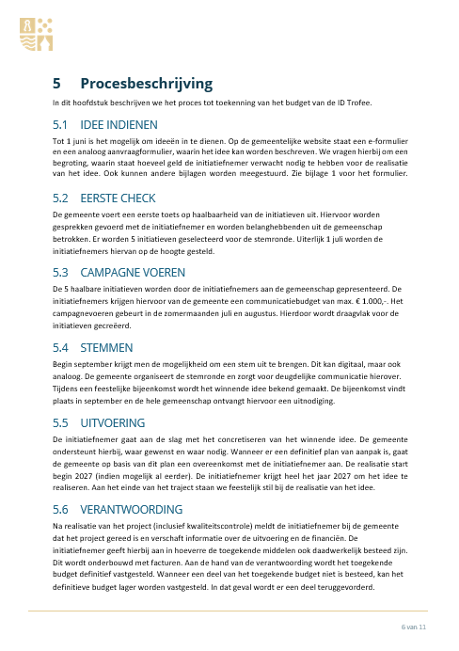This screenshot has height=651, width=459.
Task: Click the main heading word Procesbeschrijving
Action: (146, 84)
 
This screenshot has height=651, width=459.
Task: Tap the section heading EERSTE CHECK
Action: (119, 198)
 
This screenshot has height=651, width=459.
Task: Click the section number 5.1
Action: (62, 124)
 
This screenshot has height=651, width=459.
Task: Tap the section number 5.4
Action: (62, 347)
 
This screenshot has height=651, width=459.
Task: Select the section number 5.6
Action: (62, 508)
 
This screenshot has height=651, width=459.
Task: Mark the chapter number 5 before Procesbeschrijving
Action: (57, 84)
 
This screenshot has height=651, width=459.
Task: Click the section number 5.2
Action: (62, 198)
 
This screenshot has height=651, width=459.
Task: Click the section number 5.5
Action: (62, 421)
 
